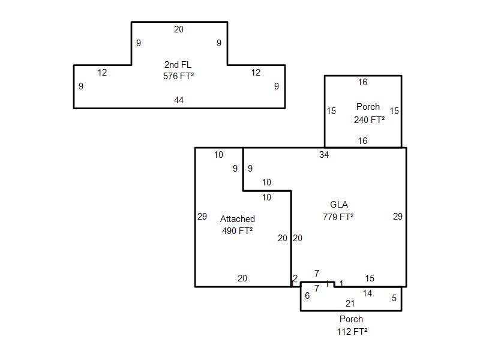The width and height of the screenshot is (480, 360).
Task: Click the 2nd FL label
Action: (x=178, y=64)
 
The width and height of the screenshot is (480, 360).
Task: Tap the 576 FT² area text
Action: (x=178, y=76)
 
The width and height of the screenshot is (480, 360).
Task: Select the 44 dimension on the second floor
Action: (x=179, y=100)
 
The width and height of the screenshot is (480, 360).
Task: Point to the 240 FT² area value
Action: (x=369, y=119)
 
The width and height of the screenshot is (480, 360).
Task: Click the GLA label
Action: (x=339, y=205)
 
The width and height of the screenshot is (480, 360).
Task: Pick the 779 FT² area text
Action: (x=338, y=217)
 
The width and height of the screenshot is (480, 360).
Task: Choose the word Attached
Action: (x=238, y=219)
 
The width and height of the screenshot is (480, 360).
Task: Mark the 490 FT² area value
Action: (x=238, y=231)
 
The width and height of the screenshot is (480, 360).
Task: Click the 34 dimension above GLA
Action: (x=324, y=155)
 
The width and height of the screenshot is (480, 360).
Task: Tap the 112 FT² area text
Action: (x=352, y=331)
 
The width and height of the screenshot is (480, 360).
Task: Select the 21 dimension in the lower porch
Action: (x=350, y=304)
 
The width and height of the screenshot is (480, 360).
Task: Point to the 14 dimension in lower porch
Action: (x=367, y=293)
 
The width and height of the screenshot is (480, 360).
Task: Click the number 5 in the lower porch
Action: (x=394, y=298)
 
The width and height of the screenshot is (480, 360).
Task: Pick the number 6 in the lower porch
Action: (x=307, y=295)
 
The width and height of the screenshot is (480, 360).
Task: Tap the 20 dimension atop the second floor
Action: (x=179, y=29)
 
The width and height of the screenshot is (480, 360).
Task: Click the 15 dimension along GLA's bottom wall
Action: (x=370, y=278)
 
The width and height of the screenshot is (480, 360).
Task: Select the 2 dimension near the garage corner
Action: (x=295, y=278)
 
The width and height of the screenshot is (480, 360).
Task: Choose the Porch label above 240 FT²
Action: (x=368, y=107)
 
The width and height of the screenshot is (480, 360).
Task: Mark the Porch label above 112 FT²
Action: (x=351, y=319)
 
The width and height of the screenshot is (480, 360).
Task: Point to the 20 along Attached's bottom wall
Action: (x=242, y=278)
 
